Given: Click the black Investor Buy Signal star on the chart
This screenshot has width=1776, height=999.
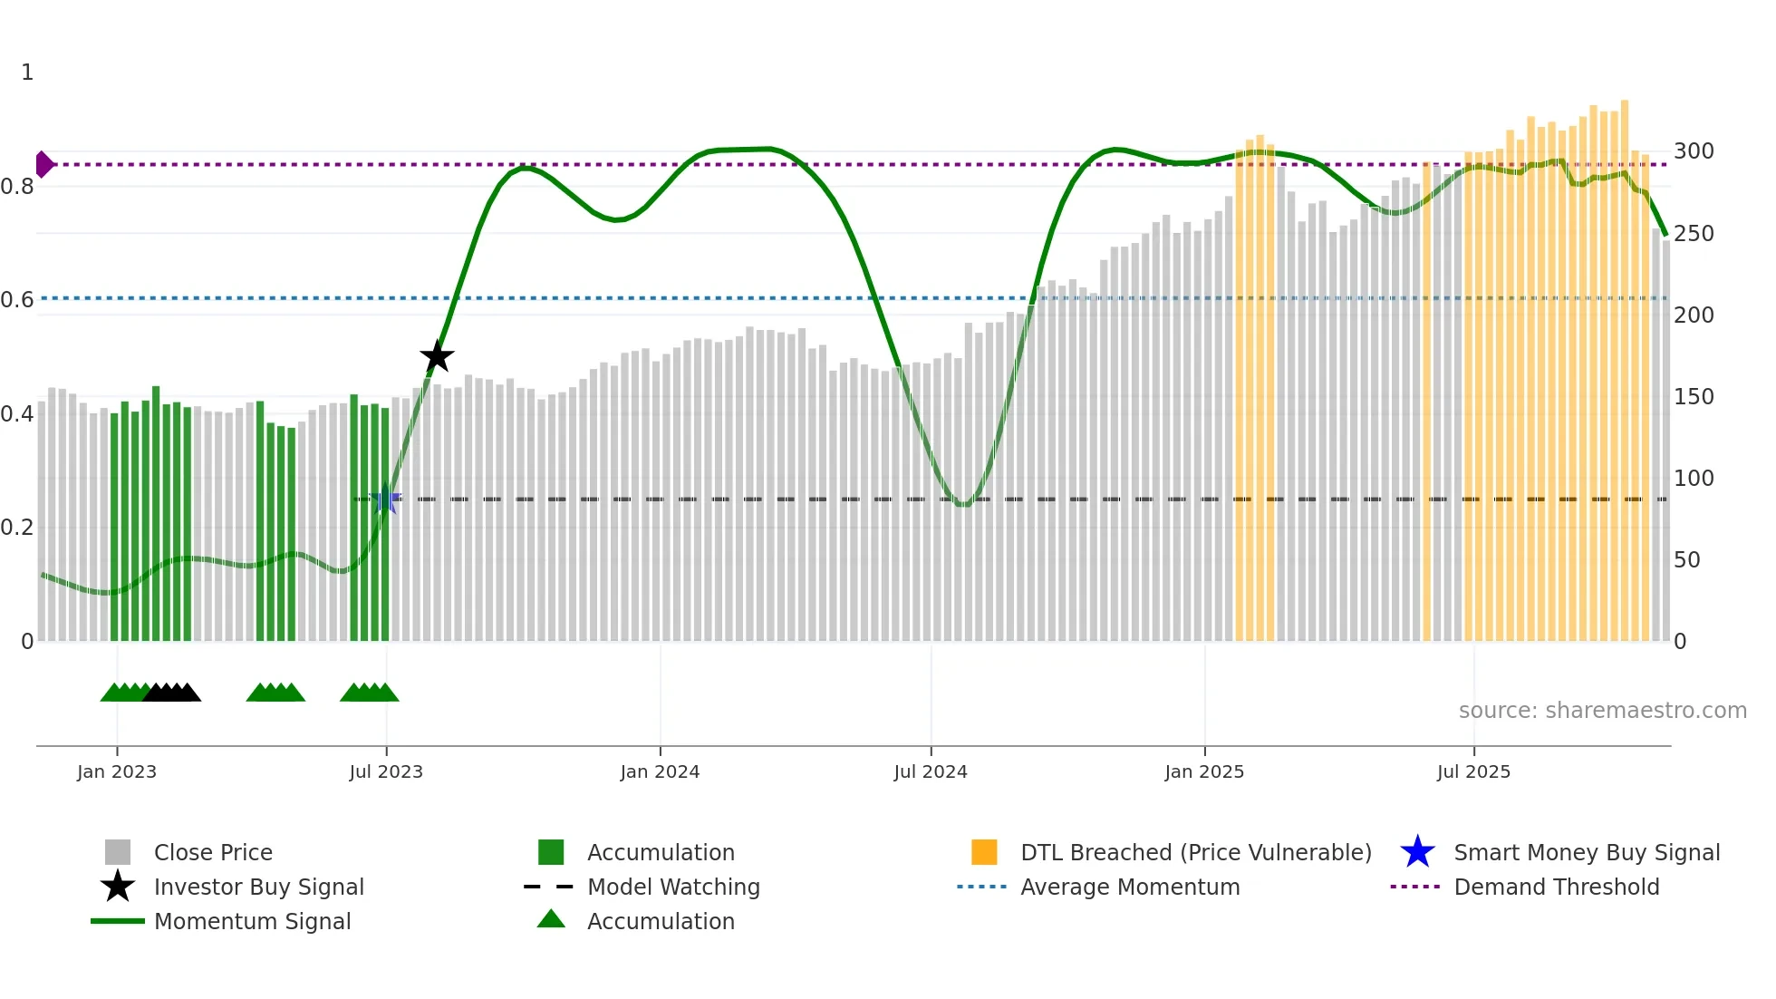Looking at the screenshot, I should (x=437, y=356).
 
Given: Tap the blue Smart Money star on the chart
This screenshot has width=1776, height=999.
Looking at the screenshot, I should (x=386, y=499).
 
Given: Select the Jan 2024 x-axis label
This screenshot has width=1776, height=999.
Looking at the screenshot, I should (x=660, y=771).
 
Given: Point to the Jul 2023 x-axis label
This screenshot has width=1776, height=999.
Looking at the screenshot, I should (x=386, y=771).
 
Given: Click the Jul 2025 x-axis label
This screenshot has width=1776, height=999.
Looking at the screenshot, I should (x=1473, y=771).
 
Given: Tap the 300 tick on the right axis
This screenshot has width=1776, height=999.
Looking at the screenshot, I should (x=1694, y=151).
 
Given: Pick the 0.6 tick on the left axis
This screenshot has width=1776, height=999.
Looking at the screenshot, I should (x=18, y=300).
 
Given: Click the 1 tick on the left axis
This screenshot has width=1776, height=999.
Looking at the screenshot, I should (x=27, y=73).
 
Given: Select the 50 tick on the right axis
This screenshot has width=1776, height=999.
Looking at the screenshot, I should (x=1687, y=560).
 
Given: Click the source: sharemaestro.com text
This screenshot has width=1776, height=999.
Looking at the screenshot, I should (x=1602, y=711).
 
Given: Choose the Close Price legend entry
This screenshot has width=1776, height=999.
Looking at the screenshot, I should (x=213, y=852).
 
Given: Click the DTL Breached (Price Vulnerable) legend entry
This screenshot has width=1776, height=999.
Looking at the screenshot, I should (x=1195, y=852).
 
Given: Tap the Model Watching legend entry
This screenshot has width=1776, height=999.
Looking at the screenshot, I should (x=673, y=887).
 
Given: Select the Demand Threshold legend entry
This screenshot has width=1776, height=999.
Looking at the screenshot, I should (x=1556, y=887).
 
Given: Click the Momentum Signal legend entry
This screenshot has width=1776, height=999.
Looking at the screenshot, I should (x=252, y=921).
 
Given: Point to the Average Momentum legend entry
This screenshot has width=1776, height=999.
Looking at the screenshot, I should (x=1130, y=887).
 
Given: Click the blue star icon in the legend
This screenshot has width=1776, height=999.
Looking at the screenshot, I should (x=1417, y=852).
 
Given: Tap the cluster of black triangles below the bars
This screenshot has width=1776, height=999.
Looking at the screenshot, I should (x=172, y=693).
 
